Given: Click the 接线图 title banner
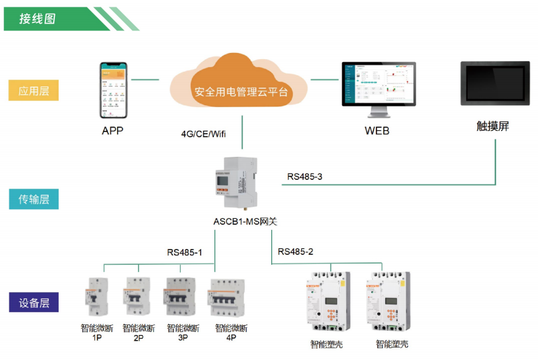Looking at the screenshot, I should pyautogui.click(x=39, y=19).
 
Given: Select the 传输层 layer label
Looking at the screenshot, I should pyautogui.click(x=34, y=199).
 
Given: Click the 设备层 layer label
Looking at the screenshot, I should pyautogui.click(x=34, y=303).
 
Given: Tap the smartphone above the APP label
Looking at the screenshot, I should pyautogui.click(x=113, y=90).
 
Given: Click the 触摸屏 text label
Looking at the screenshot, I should pyautogui.click(x=492, y=126).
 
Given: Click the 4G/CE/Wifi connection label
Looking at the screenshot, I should pyautogui.click(x=203, y=134).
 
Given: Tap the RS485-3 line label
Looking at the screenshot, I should pyautogui.click(x=304, y=177).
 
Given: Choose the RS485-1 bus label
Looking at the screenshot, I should pyautogui.click(x=185, y=253).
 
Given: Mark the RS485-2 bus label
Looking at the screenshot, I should pyautogui.click(x=295, y=252).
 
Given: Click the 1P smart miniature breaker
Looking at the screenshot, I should pyautogui.click(x=97, y=298).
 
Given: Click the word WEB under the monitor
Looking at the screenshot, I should pyautogui.click(x=377, y=131).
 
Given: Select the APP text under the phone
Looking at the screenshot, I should pyautogui.click(x=113, y=131).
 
